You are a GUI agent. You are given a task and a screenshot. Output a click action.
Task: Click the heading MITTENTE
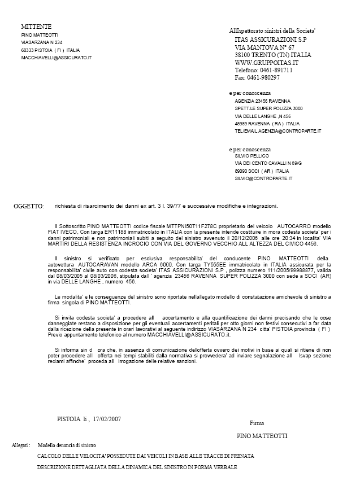click(x=36, y=27)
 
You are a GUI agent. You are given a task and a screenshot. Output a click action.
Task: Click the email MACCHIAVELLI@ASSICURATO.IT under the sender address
click(x=57, y=58)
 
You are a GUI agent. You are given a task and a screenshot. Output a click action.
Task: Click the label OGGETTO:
click(x=28, y=207)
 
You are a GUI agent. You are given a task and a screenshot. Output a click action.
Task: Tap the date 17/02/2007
click(x=107, y=419)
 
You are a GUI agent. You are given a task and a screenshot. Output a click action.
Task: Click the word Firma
click(x=257, y=423)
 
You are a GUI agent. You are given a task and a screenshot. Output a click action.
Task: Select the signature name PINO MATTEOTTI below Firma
click(x=262, y=436)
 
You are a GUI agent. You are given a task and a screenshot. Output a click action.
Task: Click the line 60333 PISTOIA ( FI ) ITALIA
click(x=50, y=50)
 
